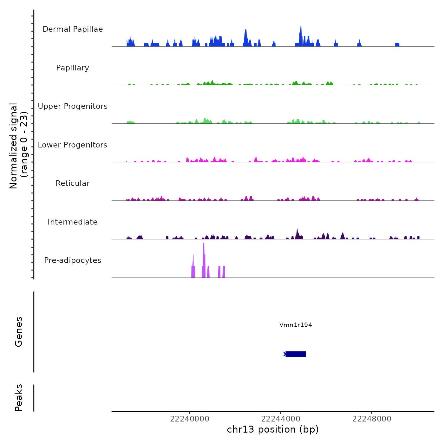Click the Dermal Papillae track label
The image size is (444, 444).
[73, 29]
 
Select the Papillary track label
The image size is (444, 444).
[73, 68]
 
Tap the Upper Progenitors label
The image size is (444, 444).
[73, 106]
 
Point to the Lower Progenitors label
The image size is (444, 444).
[73, 145]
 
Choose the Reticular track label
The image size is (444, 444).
[73, 183]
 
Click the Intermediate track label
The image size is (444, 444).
[73, 222]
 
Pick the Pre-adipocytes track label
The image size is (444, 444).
[73, 260]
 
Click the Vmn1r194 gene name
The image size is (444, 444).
[296, 325]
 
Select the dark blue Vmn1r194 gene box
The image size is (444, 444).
[296, 354]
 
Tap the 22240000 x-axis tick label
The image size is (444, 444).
[190, 419]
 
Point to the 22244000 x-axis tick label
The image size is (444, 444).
[281, 419]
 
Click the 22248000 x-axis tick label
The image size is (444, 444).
[372, 419]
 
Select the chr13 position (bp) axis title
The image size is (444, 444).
[273, 429]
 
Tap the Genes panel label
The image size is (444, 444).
[18, 332]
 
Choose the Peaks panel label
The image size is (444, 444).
[18, 398]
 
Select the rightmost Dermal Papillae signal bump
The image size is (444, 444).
[397, 44]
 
